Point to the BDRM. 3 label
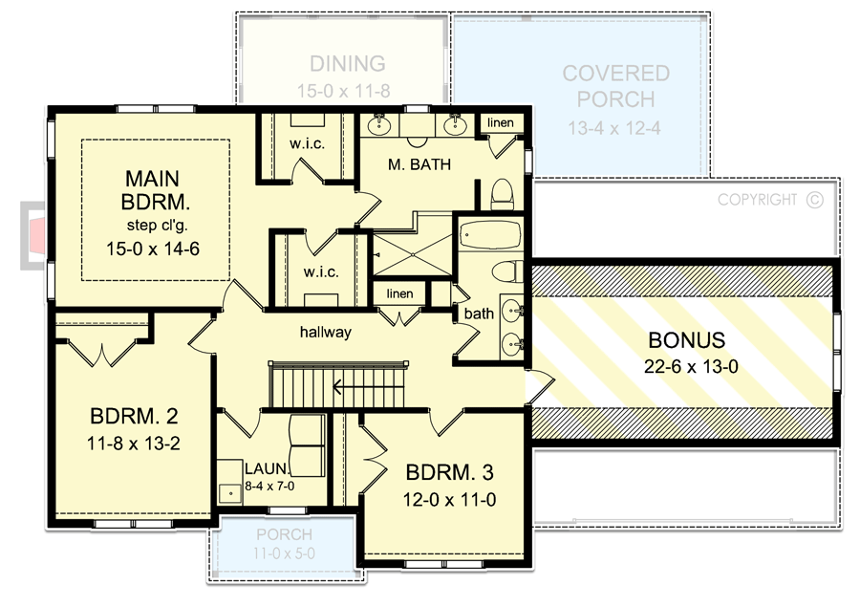(450, 473)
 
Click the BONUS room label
(686, 339)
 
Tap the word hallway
(326, 333)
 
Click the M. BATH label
(419, 164)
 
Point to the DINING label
(348, 64)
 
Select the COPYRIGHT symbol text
(769, 200)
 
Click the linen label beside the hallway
(400, 293)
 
